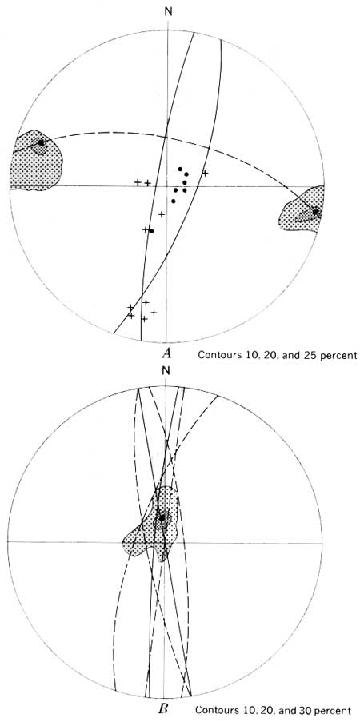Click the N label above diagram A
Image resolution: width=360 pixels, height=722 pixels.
(168, 11)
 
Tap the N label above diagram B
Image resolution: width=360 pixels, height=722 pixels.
(166, 371)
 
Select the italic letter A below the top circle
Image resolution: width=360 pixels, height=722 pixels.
(166, 353)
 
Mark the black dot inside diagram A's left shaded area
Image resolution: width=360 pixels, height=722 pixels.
(41, 143)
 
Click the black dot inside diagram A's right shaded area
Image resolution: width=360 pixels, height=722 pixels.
(315, 212)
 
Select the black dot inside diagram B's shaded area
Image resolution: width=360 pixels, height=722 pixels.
(162, 517)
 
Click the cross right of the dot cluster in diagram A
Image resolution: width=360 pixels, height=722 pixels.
(205, 174)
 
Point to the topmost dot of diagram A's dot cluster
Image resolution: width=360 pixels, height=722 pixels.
(180, 169)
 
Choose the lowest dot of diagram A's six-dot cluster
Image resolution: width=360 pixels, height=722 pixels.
(174, 201)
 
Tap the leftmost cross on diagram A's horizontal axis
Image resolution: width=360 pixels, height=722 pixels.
(138, 182)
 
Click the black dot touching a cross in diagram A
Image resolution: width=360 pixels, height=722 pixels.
(151, 231)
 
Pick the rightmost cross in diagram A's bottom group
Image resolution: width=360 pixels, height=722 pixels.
(154, 312)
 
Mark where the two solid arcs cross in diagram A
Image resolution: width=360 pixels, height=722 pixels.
(142, 293)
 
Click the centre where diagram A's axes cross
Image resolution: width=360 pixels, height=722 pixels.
(167, 186)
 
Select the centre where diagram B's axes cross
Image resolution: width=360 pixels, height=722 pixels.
(164, 542)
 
